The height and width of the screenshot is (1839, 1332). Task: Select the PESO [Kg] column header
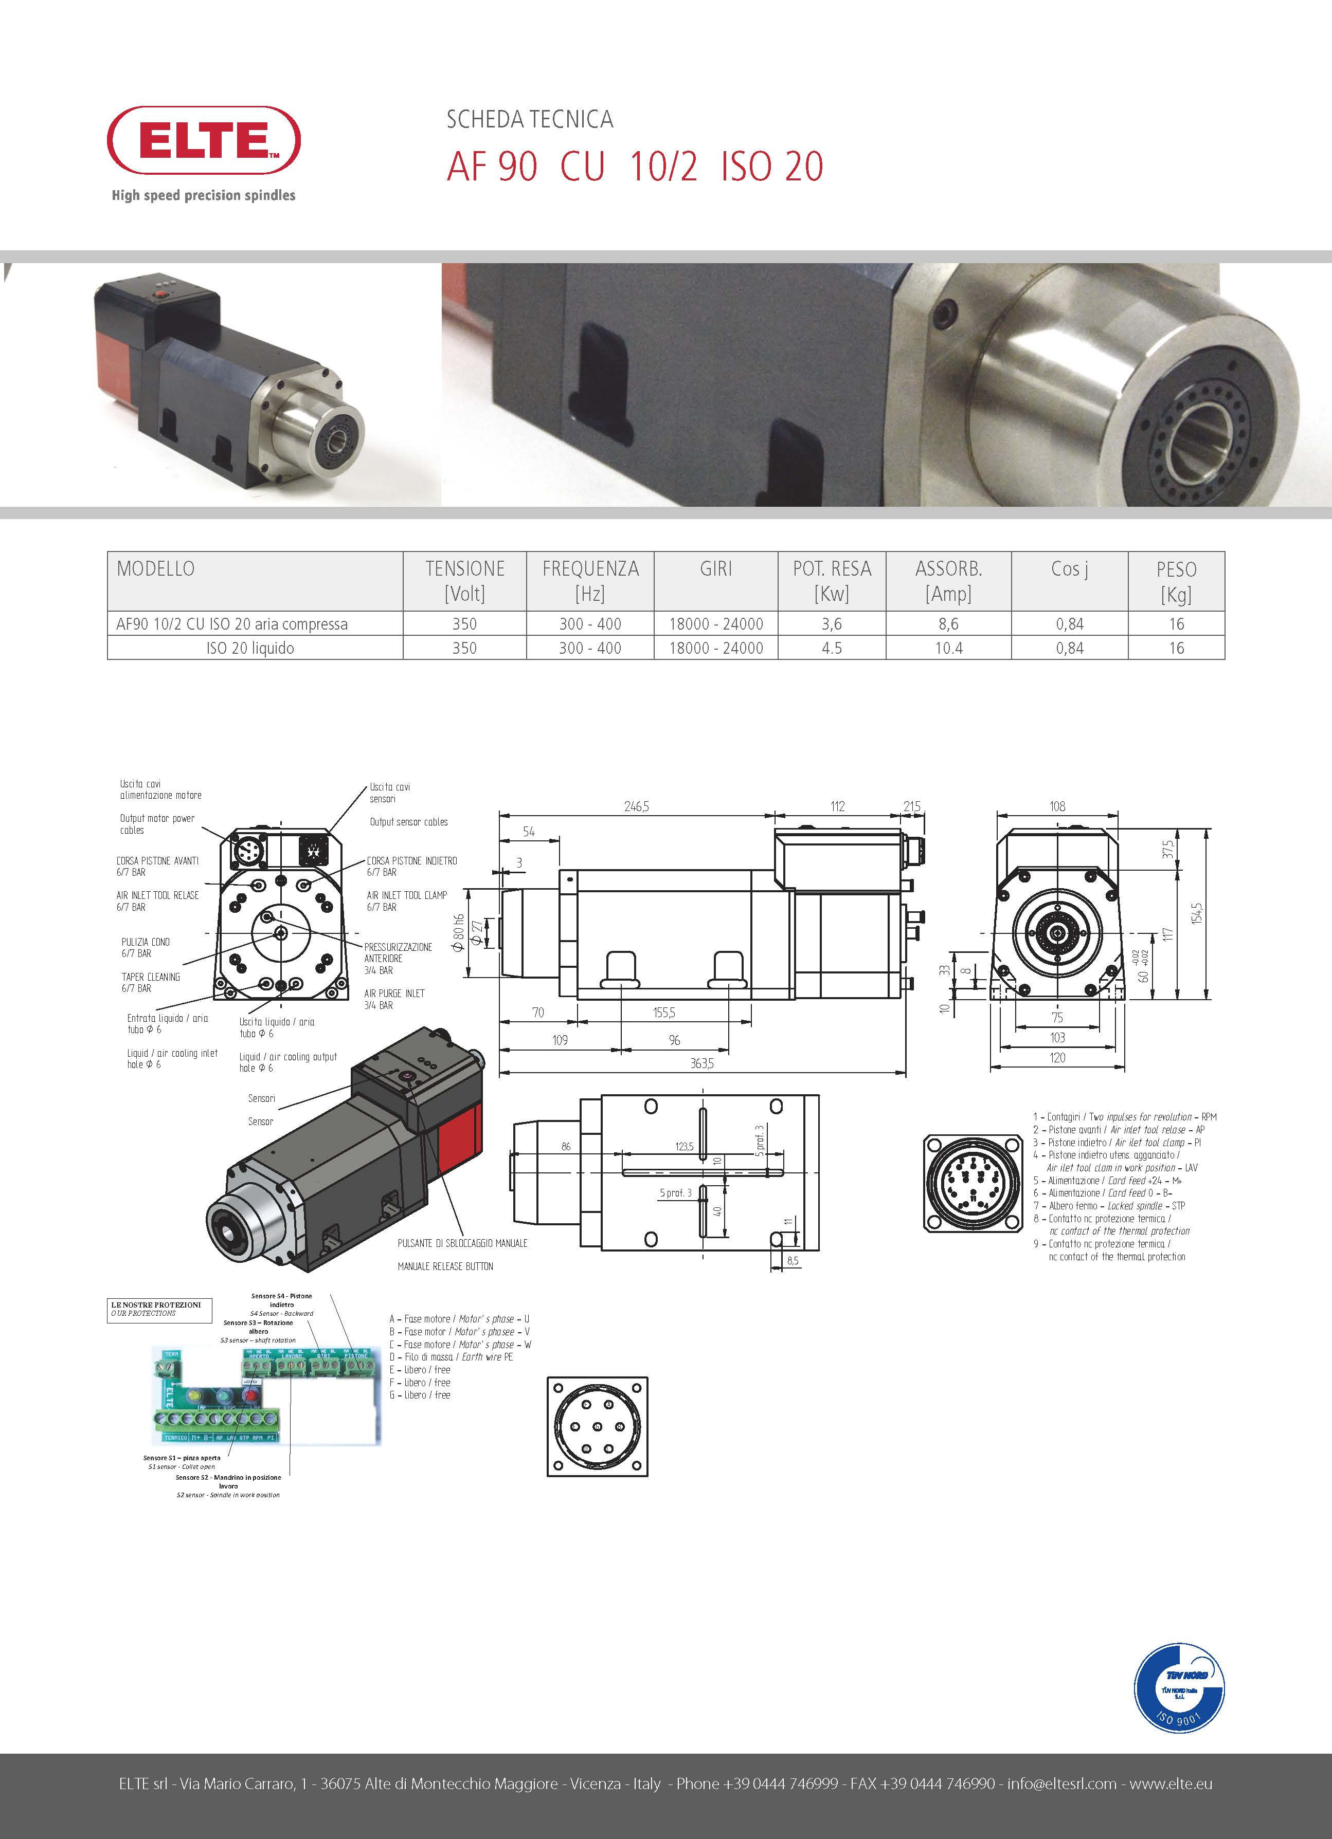(x=1176, y=581)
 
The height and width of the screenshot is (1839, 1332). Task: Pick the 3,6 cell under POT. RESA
(x=832, y=623)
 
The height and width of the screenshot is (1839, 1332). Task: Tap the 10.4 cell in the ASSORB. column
(x=948, y=648)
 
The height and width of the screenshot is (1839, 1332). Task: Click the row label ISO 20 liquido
(x=250, y=648)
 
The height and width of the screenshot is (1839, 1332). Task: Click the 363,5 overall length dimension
(x=701, y=1063)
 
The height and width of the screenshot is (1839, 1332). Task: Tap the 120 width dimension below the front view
(x=1057, y=1057)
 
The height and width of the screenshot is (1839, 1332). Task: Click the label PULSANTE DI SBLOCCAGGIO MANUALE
(x=462, y=1243)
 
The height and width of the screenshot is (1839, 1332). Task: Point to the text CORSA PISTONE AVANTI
(x=157, y=860)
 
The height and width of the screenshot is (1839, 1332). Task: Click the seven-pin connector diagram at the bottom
(x=597, y=1425)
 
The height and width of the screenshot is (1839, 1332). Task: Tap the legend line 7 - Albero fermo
(x=1108, y=1206)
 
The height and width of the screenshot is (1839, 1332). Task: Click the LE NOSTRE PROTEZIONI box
(x=160, y=1309)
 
